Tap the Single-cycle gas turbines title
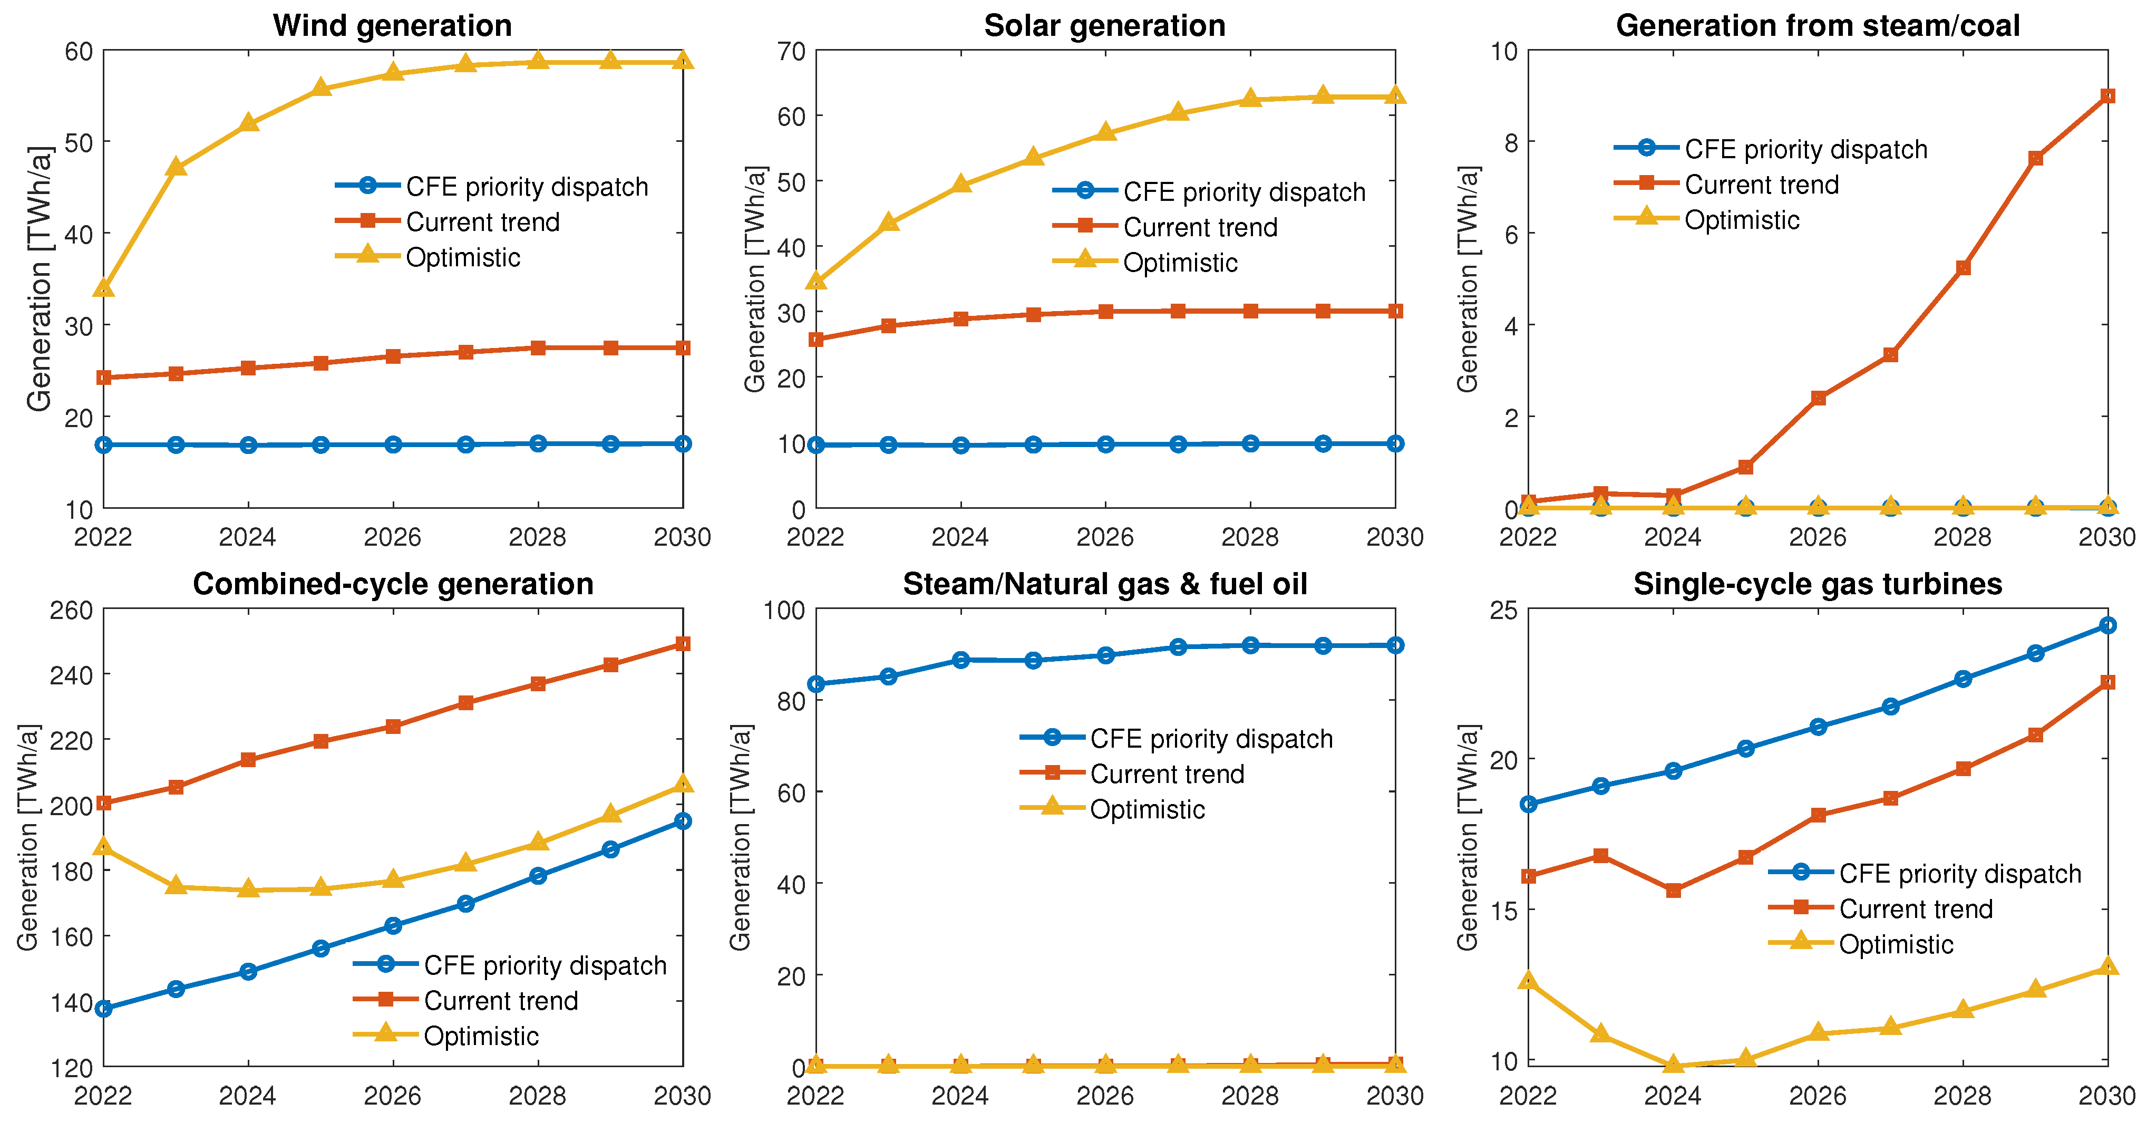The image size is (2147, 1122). click(1817, 584)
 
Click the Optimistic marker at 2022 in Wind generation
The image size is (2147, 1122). click(103, 287)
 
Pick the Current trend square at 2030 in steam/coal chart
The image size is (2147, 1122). click(2107, 96)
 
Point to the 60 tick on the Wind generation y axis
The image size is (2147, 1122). click(79, 52)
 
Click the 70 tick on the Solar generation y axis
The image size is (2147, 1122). click(792, 52)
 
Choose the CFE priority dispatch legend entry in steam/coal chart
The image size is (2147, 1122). click(1805, 149)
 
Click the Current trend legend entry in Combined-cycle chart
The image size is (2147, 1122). click(500, 1000)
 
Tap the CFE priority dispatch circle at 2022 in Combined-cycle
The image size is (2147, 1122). click(103, 1009)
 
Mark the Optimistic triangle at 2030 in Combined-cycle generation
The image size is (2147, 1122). click(683, 784)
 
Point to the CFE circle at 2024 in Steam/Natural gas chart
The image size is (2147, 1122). click(961, 660)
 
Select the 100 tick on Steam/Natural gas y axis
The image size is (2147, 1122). click(784, 610)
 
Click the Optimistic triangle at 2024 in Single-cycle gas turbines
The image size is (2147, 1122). click(1673, 1065)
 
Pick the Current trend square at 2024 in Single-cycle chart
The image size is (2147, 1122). click(1673, 890)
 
